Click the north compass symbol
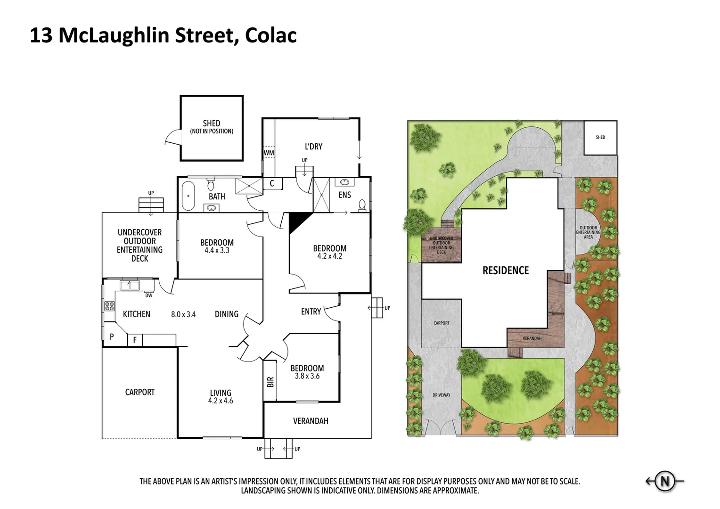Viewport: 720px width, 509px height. point(665,482)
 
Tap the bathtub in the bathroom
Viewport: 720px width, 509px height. point(188,195)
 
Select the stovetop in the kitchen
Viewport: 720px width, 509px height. point(109,306)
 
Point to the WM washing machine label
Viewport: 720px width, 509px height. point(269,153)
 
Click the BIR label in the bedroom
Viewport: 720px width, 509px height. point(270,382)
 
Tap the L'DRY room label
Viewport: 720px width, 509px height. point(313,147)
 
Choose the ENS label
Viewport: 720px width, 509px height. point(344,195)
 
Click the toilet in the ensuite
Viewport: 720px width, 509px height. point(362,205)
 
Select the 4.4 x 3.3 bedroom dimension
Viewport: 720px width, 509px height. point(217,251)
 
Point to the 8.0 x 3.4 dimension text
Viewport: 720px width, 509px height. point(183,314)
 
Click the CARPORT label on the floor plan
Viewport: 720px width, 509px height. point(139,392)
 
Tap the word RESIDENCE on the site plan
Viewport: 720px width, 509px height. point(506,271)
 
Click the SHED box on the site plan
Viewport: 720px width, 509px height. point(600,138)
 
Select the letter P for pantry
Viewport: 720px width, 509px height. point(112,337)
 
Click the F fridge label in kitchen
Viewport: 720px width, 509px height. point(135,340)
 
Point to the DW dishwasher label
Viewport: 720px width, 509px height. point(148,296)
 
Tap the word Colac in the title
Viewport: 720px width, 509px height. point(270,36)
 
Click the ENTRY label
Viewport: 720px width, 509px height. point(311,312)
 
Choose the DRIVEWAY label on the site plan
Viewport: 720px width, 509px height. point(441,395)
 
